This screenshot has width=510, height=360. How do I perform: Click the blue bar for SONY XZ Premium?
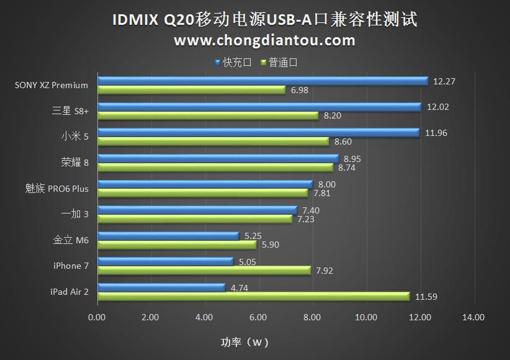pos(262,81)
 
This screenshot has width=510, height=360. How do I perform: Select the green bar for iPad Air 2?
pos(253,297)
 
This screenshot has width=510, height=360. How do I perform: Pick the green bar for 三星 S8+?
pos(208,115)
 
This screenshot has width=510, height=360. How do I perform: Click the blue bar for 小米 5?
pos(258,132)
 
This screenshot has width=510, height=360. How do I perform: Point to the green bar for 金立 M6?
pos(177,245)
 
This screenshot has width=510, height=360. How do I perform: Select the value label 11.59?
pos(426,297)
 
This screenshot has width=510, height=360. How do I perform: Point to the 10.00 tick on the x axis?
pos(365,318)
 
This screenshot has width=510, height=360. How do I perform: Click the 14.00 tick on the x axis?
pos(473,318)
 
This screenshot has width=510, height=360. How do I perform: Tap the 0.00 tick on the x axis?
pos(97,318)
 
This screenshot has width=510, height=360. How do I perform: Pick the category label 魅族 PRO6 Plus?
pos(53,188)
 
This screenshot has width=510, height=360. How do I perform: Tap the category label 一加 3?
pos(74,214)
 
